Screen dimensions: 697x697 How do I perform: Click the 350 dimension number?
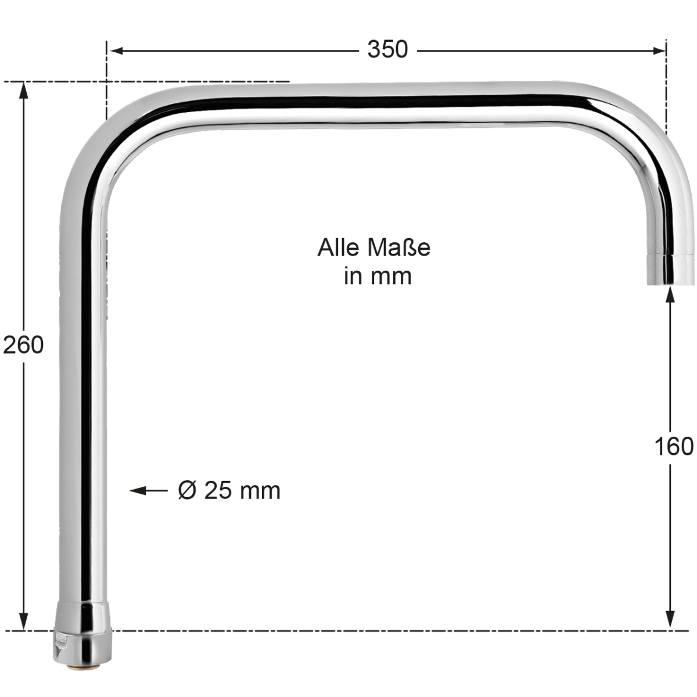[x=387, y=49]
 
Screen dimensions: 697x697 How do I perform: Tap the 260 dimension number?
[x=23, y=344]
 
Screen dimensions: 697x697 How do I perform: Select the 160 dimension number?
[x=674, y=446]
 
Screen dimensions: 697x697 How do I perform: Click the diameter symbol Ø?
[x=188, y=490]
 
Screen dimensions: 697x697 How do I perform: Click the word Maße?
[x=399, y=248]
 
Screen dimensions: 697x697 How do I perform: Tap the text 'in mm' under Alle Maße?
[x=378, y=276]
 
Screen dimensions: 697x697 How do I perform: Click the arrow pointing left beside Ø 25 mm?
[x=148, y=491]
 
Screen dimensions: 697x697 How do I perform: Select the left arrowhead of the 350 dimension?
[x=116, y=51]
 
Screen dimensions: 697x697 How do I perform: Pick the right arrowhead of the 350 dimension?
[x=659, y=51]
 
